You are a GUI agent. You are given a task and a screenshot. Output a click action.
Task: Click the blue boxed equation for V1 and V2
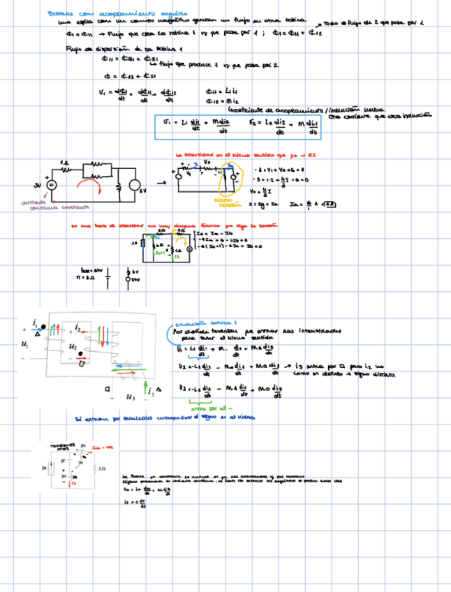point(237,125)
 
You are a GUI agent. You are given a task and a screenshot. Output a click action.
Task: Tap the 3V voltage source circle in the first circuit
point(51,185)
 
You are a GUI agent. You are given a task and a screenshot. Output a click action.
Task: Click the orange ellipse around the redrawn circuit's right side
point(228,180)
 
